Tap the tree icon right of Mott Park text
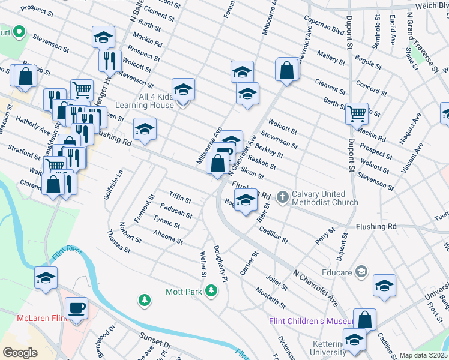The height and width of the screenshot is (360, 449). point(211,291)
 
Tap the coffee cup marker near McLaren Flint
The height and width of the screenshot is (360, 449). point(76,308)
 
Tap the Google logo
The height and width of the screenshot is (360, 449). point(20,352)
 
